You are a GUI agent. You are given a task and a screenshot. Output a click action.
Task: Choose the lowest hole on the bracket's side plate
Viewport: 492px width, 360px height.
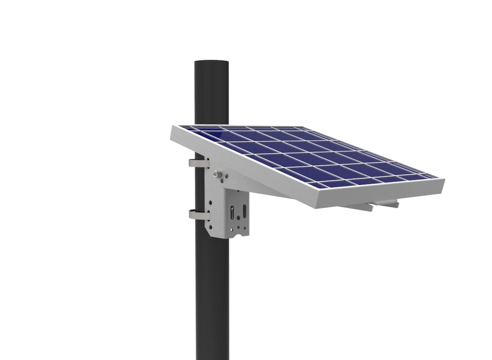coord(211,227)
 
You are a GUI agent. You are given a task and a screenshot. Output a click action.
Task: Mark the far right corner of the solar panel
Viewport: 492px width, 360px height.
coord(444,180)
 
